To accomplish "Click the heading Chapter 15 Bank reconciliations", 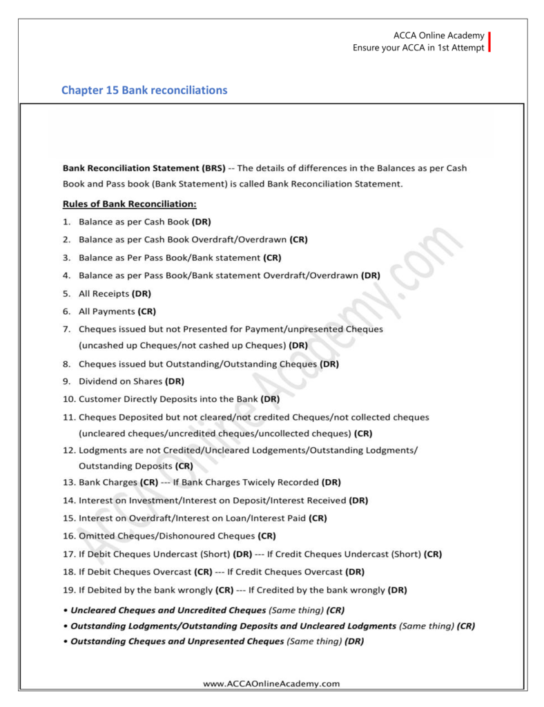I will pyautogui.click(x=144, y=90).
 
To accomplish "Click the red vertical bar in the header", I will pyautogui.click(x=489, y=41).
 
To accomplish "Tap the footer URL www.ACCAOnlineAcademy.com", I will pyautogui.click(x=271, y=684).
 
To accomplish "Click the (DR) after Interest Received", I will pyautogui.click(x=358, y=500).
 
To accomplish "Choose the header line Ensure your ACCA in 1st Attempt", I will pyautogui.click(x=418, y=48).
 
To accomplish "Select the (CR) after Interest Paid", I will pyautogui.click(x=318, y=518).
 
